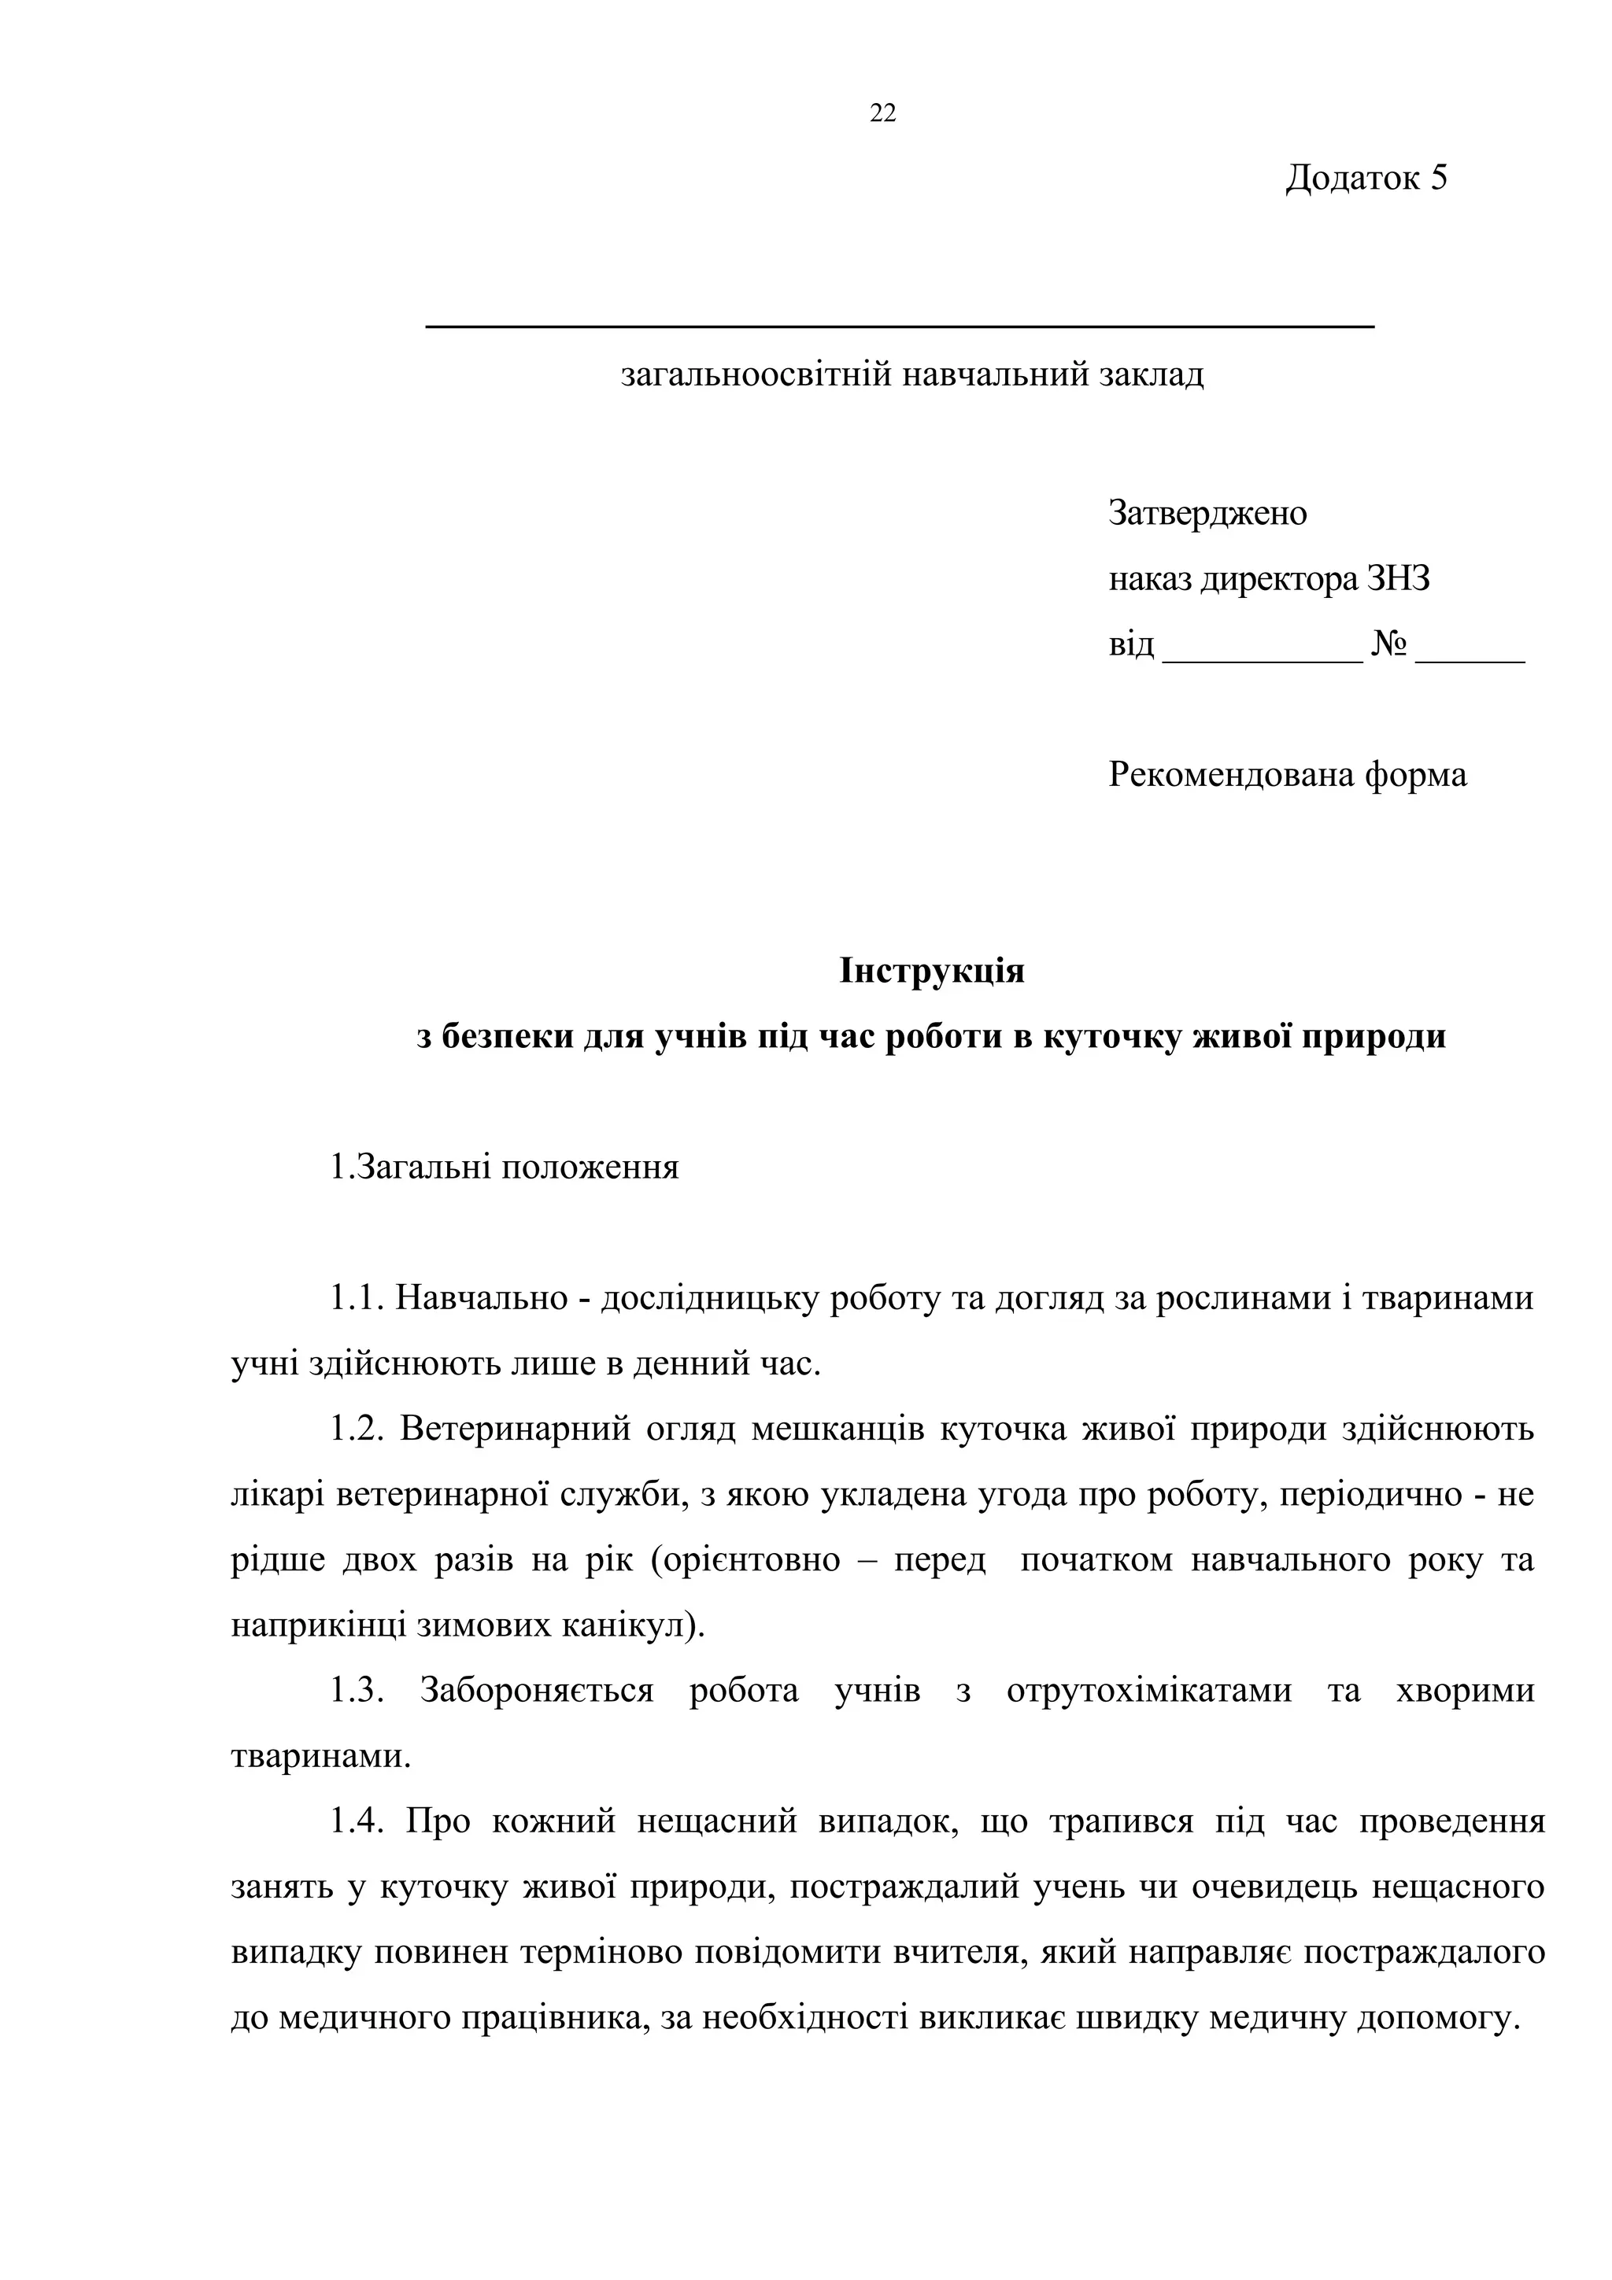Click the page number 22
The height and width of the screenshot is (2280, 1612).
tap(882, 114)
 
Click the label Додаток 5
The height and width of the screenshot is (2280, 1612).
tap(1366, 178)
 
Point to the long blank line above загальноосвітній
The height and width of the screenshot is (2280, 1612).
tap(899, 326)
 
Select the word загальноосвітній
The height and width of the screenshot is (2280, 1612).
tap(756, 375)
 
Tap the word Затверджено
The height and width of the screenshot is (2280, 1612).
tap(1207, 514)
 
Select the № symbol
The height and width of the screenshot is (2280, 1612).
tap(1388, 645)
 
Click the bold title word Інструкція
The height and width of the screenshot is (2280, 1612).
tap(932, 970)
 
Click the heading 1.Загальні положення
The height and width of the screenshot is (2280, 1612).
tap(505, 1167)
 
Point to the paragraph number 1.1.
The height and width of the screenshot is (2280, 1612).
tap(356, 1298)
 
